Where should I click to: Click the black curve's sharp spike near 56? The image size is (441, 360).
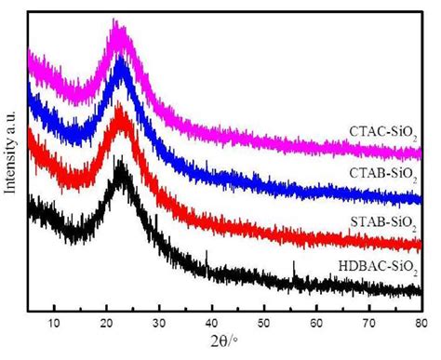click(294, 264)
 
